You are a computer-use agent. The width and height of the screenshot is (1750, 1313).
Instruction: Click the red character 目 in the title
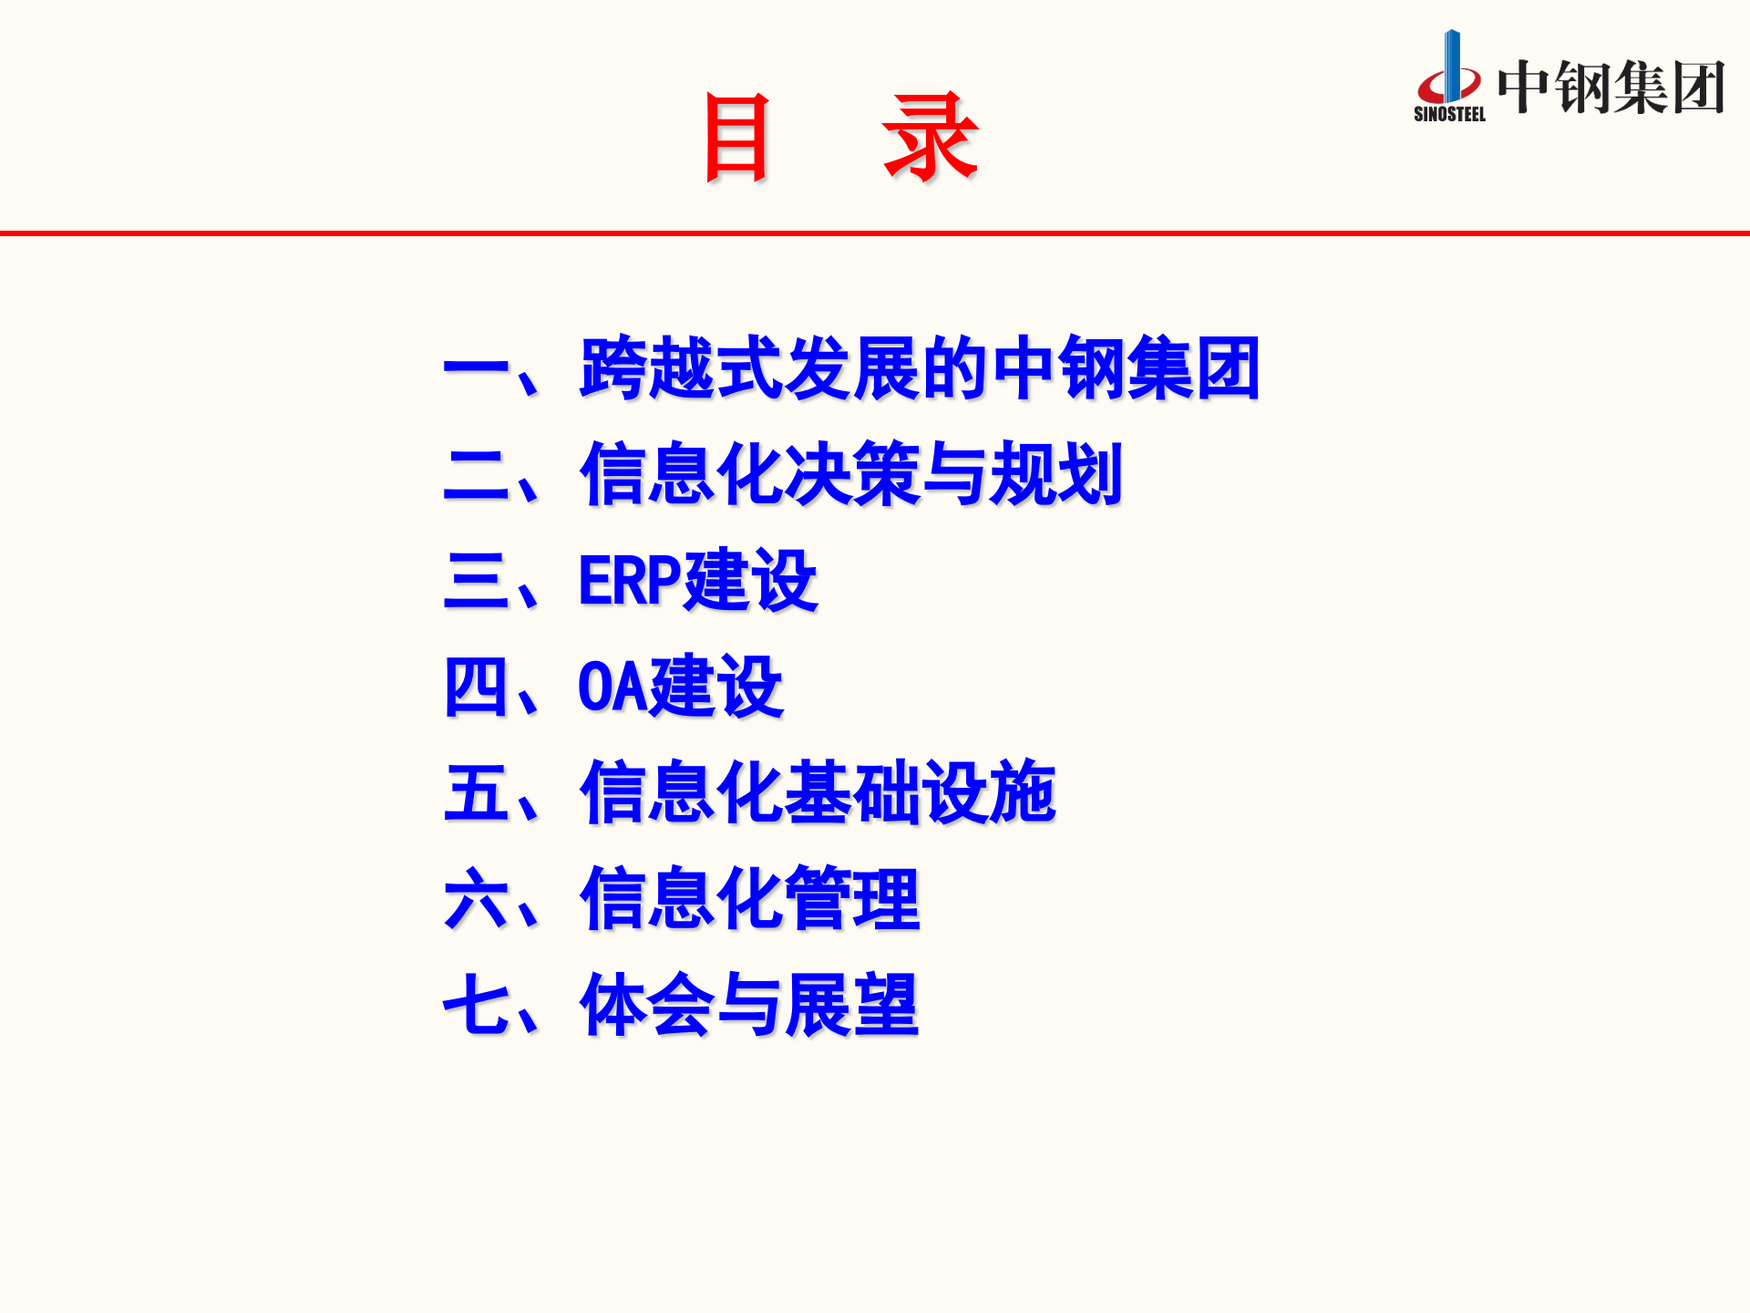pos(736,139)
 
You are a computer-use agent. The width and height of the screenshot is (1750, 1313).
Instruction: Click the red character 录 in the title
pos(930,139)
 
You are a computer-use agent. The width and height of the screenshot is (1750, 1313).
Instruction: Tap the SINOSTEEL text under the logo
pos(1449,115)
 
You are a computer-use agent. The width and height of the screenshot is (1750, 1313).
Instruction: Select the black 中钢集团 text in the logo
pos(1611,88)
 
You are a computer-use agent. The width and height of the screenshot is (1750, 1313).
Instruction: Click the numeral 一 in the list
pos(476,370)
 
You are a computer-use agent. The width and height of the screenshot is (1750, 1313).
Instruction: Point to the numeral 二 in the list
pos(476,475)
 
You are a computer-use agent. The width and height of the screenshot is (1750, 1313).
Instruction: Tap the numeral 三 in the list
pos(476,581)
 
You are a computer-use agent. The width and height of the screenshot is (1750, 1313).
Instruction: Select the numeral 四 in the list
pos(476,687)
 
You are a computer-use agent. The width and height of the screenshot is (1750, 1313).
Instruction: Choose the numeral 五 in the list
pos(476,792)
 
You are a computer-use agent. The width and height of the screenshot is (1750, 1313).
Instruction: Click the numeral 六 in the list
pos(476,898)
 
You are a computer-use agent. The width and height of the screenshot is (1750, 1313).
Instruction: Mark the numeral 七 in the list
pos(476,1004)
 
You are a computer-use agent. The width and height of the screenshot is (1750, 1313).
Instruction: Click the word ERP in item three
pos(630,581)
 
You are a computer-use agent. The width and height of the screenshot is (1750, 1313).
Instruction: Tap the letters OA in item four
pos(612,687)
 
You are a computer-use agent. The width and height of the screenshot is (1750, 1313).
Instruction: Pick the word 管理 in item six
pos(851,898)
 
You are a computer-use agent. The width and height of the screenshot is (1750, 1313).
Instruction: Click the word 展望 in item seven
pos(851,1004)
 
